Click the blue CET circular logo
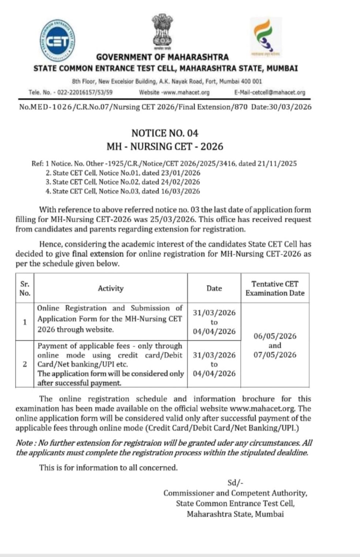point(57,40)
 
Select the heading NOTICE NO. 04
point(165,133)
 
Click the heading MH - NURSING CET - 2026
point(165,147)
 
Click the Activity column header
point(111,288)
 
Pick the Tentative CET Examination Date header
point(275,288)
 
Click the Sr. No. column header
point(25,288)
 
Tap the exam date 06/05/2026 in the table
point(275,336)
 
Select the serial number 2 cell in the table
point(25,364)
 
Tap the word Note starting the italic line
point(24,443)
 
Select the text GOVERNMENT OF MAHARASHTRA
point(162,57)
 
